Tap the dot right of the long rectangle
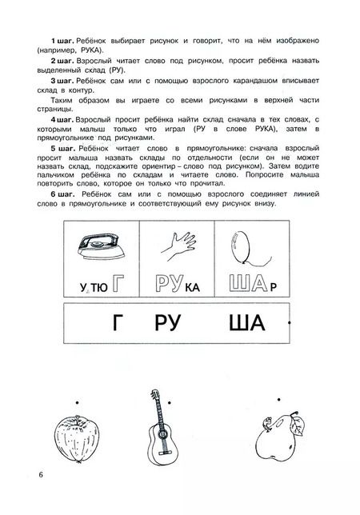(x=289, y=320)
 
